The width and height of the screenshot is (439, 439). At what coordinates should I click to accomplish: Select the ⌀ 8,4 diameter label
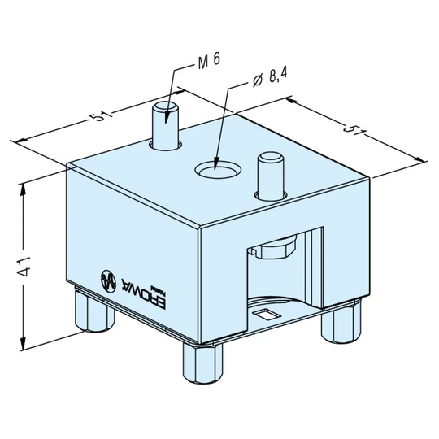[x=270, y=78]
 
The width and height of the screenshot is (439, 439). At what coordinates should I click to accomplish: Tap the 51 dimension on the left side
[x=101, y=116]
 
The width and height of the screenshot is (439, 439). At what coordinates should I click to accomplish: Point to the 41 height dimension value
[x=28, y=263]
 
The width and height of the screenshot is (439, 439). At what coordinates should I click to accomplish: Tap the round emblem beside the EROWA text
[x=106, y=278]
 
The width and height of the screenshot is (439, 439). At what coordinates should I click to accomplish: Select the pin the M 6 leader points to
[x=166, y=125]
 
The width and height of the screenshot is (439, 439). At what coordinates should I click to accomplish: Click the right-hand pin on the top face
[x=269, y=175]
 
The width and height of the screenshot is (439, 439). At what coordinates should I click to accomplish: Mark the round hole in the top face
[x=215, y=170]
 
